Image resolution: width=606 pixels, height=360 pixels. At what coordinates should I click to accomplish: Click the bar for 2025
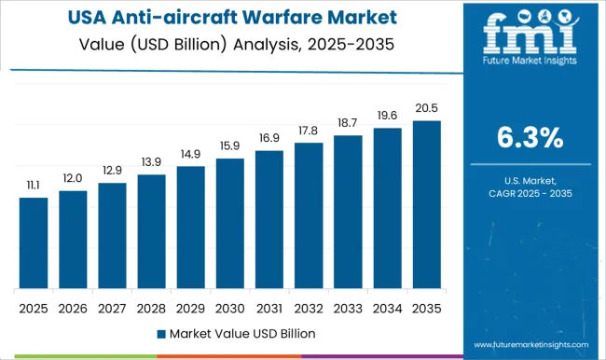(x=34, y=242)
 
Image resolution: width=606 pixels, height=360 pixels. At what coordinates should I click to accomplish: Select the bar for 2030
(x=229, y=223)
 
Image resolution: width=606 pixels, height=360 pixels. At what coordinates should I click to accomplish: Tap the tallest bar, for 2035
(x=426, y=204)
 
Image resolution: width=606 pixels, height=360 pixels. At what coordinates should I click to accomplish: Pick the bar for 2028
(x=151, y=231)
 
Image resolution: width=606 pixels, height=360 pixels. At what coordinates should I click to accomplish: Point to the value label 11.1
(x=34, y=187)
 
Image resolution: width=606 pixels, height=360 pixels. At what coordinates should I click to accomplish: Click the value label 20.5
(x=426, y=110)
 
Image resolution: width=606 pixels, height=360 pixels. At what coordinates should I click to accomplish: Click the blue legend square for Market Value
(x=160, y=333)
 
